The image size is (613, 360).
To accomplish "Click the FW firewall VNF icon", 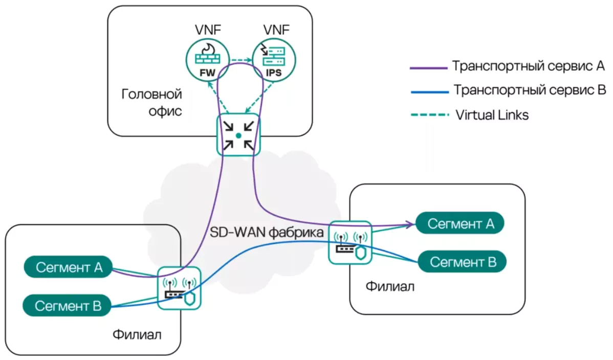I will [207, 60].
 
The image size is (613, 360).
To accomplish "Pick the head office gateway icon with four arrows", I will [238, 135].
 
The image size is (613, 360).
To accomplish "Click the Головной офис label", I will [152, 102].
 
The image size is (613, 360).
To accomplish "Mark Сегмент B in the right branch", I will [463, 262].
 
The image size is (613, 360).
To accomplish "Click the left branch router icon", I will [179, 289].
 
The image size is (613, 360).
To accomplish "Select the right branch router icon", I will [350, 242].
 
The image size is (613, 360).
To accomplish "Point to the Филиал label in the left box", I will [137, 335].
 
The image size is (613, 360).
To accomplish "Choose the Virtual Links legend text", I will [492, 115].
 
